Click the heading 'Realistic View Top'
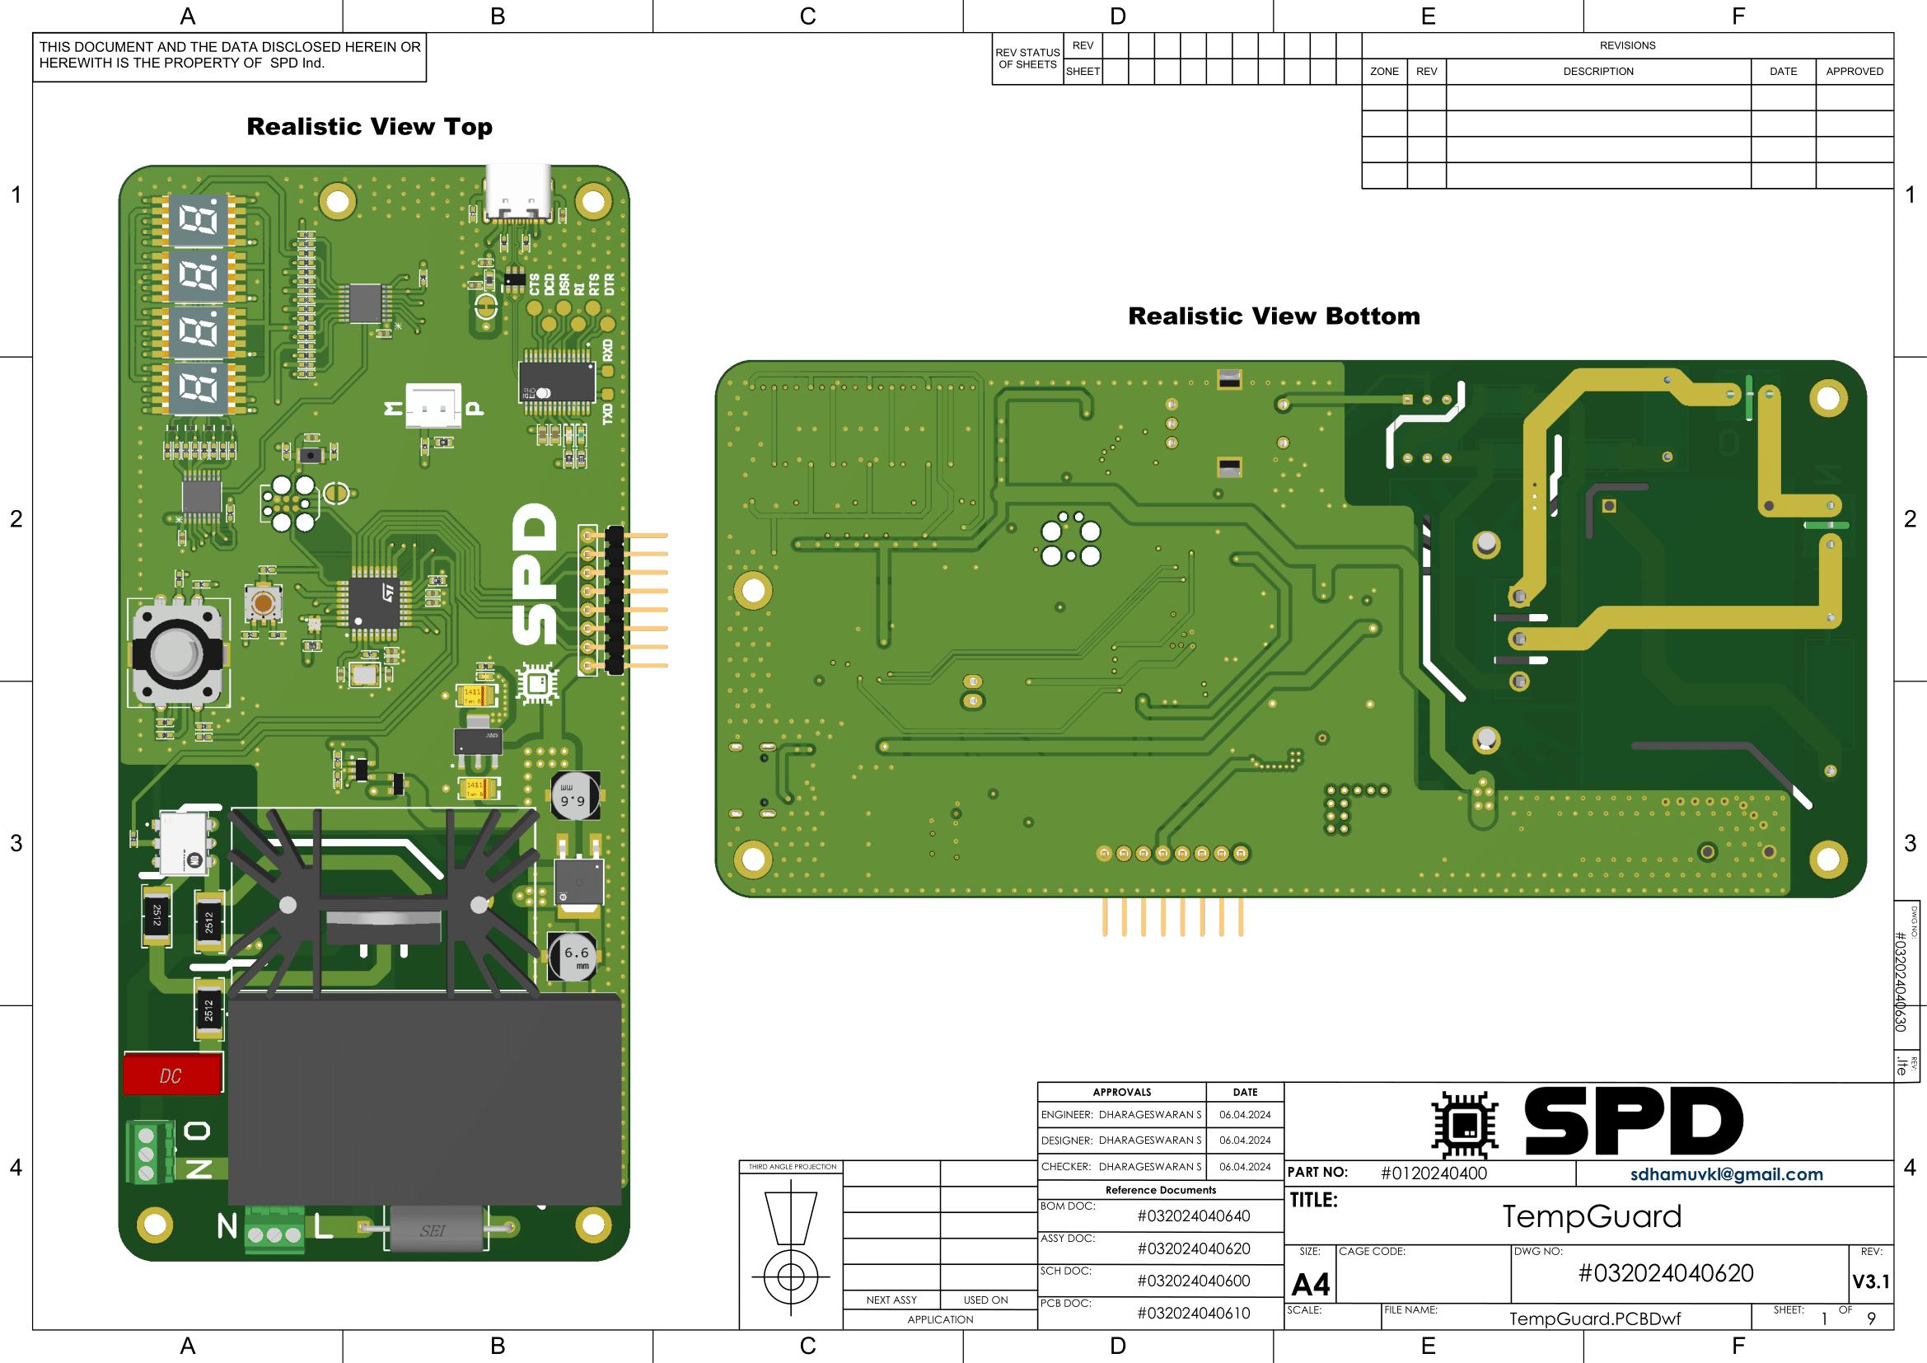[369, 127]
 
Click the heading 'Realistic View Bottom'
[1273, 316]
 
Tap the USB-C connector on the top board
[519, 192]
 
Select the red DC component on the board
[172, 1075]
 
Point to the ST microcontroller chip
[374, 601]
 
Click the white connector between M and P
[433, 406]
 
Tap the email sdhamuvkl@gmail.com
[1726, 1174]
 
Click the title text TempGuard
[1592, 1216]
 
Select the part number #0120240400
[1433, 1173]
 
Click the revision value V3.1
[1870, 1281]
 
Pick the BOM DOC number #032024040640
[1193, 1216]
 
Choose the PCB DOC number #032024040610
[1193, 1314]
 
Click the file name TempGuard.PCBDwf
[1594, 1319]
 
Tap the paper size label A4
[1310, 1284]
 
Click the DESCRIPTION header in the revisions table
[1597, 72]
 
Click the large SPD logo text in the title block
[1632, 1122]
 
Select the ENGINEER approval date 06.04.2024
[1244, 1115]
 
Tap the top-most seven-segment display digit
[198, 220]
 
